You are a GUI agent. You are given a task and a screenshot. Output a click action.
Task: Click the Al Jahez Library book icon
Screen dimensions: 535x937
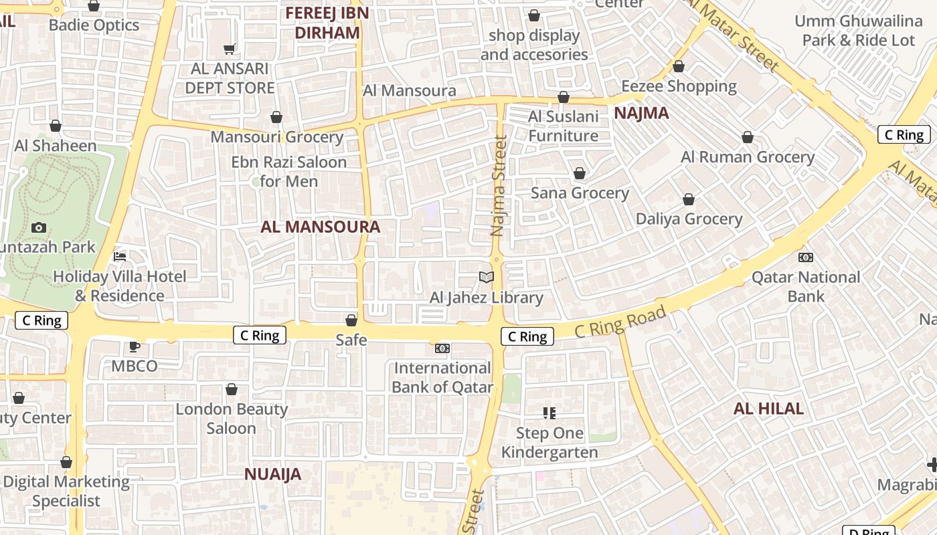487,277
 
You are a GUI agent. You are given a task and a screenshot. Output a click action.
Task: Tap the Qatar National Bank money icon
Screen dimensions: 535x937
806,257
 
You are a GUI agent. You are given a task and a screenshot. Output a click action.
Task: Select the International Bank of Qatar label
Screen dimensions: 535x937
442,377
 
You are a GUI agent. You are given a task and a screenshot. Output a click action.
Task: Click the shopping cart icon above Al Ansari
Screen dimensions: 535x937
230,49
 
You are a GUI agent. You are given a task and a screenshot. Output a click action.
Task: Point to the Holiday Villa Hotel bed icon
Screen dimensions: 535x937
120,256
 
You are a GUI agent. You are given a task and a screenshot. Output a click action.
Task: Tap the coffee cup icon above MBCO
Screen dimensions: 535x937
135,346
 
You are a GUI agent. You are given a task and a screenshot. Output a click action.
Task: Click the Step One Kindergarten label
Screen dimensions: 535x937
549,443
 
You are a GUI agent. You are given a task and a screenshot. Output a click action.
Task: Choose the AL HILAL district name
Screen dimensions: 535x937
768,409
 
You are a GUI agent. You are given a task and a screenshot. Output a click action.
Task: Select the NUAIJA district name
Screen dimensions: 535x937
272,474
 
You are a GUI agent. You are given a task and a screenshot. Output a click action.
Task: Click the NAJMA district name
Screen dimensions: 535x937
641,113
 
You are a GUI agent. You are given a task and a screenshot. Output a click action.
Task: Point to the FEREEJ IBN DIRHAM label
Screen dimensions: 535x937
327,23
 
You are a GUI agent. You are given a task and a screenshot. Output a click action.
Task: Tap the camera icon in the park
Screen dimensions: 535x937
39,227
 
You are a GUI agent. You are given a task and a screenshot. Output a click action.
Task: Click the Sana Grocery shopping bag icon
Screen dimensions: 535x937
580,173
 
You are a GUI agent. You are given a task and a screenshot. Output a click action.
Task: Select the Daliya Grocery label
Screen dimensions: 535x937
689,219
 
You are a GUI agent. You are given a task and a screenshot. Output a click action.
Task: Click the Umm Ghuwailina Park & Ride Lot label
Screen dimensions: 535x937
858,31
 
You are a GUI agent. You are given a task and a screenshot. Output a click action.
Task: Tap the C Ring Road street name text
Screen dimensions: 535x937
620,321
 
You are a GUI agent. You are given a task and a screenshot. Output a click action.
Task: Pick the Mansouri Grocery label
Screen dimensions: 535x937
277,137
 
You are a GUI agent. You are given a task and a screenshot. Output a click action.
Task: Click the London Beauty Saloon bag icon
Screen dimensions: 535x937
232,389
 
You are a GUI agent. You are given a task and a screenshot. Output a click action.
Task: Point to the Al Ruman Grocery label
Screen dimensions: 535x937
748,157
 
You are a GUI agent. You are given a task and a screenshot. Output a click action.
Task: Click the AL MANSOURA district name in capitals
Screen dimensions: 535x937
321,227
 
